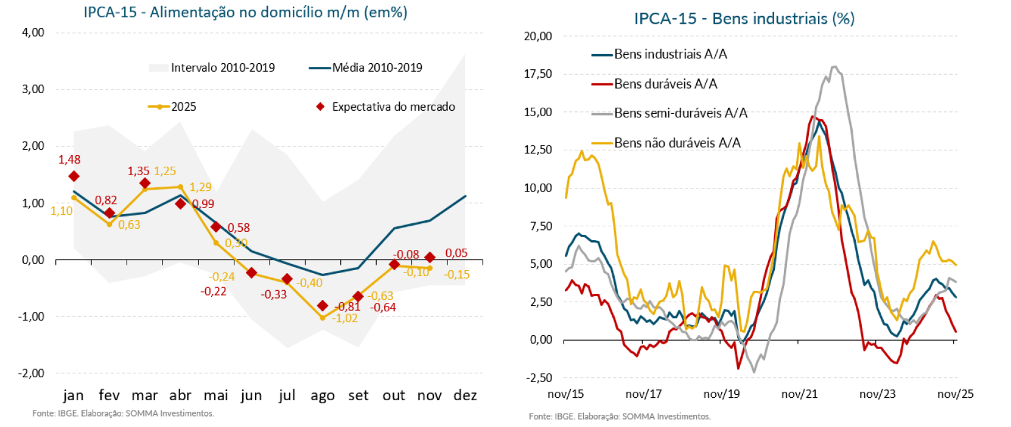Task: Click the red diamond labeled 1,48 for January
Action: point(74,176)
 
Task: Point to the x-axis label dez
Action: point(465,395)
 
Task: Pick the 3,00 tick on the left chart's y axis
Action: point(33,89)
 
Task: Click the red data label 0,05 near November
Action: point(456,253)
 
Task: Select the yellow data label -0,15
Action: point(457,274)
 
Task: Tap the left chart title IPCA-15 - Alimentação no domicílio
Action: point(245,12)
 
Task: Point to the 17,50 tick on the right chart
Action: point(537,74)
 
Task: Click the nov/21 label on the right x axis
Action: point(799,394)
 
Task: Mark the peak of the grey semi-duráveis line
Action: point(834,67)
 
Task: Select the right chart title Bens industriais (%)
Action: point(744,19)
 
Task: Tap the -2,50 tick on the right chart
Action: point(539,378)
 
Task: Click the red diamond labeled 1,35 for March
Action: point(145,183)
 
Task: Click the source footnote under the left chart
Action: point(123,414)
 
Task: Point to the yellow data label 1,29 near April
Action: point(200,187)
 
